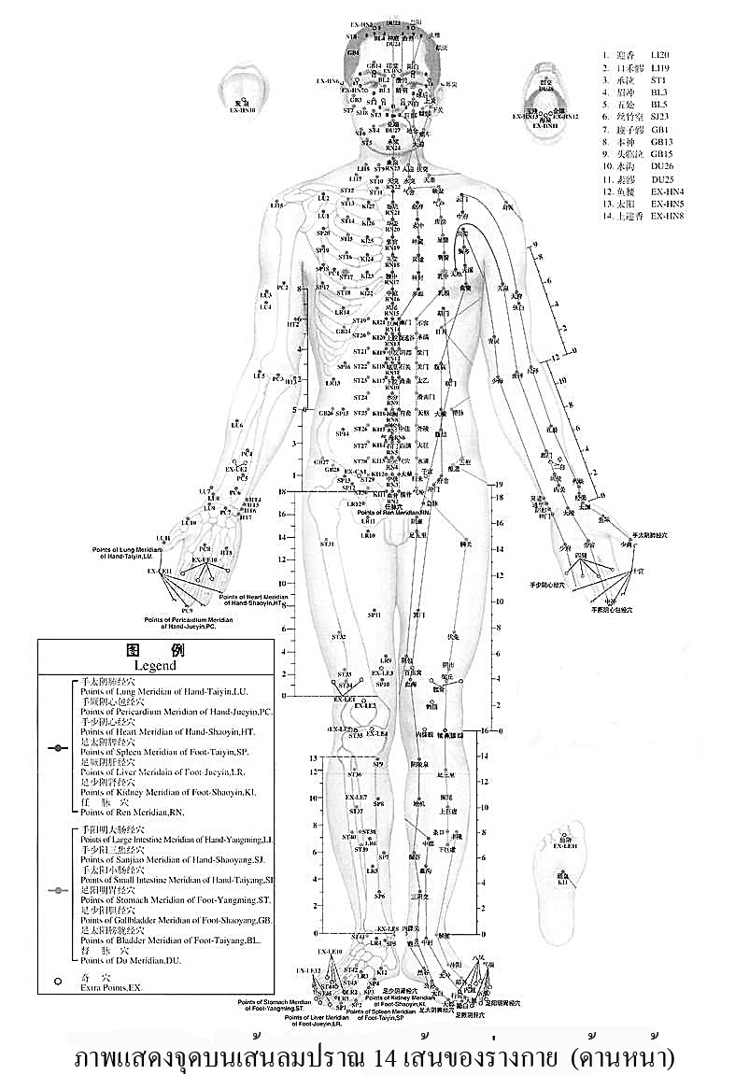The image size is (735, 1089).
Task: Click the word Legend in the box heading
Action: (155, 666)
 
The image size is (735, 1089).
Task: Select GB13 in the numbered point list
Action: (664, 141)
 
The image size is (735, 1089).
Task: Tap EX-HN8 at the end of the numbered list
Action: (668, 216)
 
